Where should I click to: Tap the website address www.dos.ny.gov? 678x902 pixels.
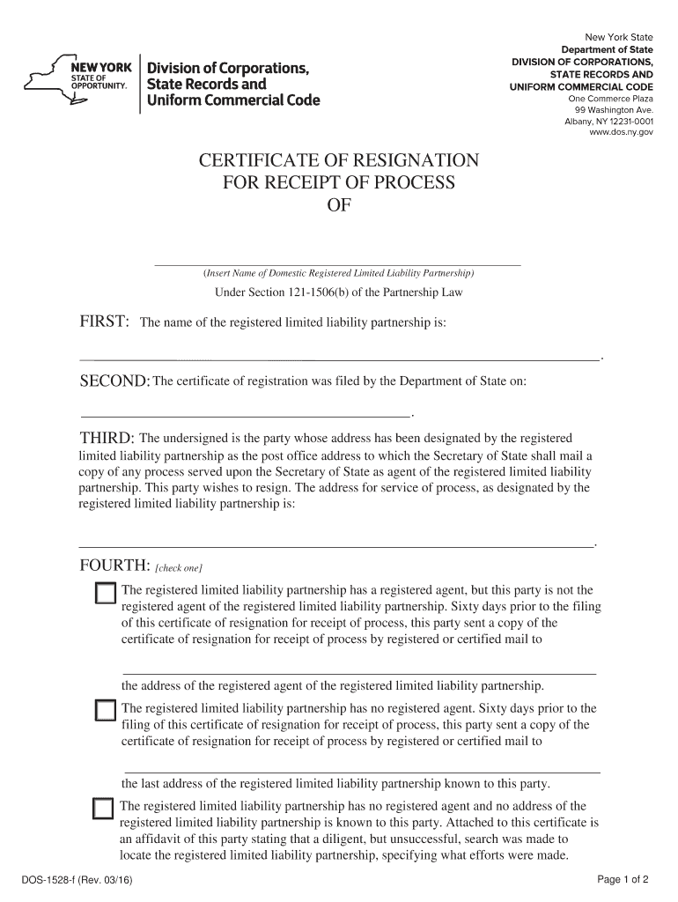click(x=621, y=132)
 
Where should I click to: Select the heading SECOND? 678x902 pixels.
click(x=114, y=381)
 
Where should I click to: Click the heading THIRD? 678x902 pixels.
click(x=107, y=438)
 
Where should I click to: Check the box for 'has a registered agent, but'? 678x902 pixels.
click(x=105, y=594)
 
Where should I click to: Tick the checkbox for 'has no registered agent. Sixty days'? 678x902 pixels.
click(x=105, y=711)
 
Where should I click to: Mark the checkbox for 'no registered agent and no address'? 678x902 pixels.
click(x=103, y=809)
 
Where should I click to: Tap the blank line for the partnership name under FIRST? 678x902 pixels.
click(x=339, y=359)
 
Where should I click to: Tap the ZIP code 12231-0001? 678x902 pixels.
click(x=628, y=122)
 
